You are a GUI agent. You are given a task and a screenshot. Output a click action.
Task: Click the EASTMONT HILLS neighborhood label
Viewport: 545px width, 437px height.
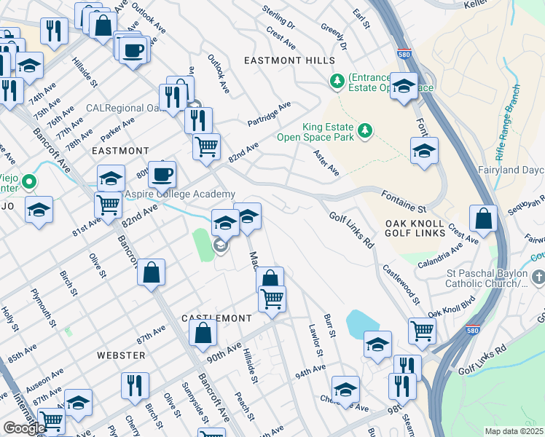pyautogui.click(x=289, y=60)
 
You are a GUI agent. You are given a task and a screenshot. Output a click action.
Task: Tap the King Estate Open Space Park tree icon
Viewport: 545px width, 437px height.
pyautogui.click(x=364, y=131)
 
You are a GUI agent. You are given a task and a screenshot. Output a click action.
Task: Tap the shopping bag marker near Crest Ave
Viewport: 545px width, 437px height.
pyautogui.click(x=483, y=218)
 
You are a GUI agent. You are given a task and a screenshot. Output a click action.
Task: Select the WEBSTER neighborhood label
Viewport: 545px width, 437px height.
pyautogui.click(x=121, y=355)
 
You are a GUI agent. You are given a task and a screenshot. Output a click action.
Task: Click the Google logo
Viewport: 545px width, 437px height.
pyautogui.click(x=23, y=428)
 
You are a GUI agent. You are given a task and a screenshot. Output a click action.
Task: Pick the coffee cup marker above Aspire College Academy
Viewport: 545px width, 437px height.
pyautogui.click(x=162, y=174)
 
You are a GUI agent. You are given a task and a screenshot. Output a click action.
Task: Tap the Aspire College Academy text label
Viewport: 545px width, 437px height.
pyautogui.click(x=180, y=194)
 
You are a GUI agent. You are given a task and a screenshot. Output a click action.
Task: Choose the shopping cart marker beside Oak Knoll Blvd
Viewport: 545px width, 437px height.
pyautogui.click(x=422, y=330)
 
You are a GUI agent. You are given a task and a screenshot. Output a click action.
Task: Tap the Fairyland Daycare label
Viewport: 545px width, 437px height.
pyautogui.click(x=520, y=170)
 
